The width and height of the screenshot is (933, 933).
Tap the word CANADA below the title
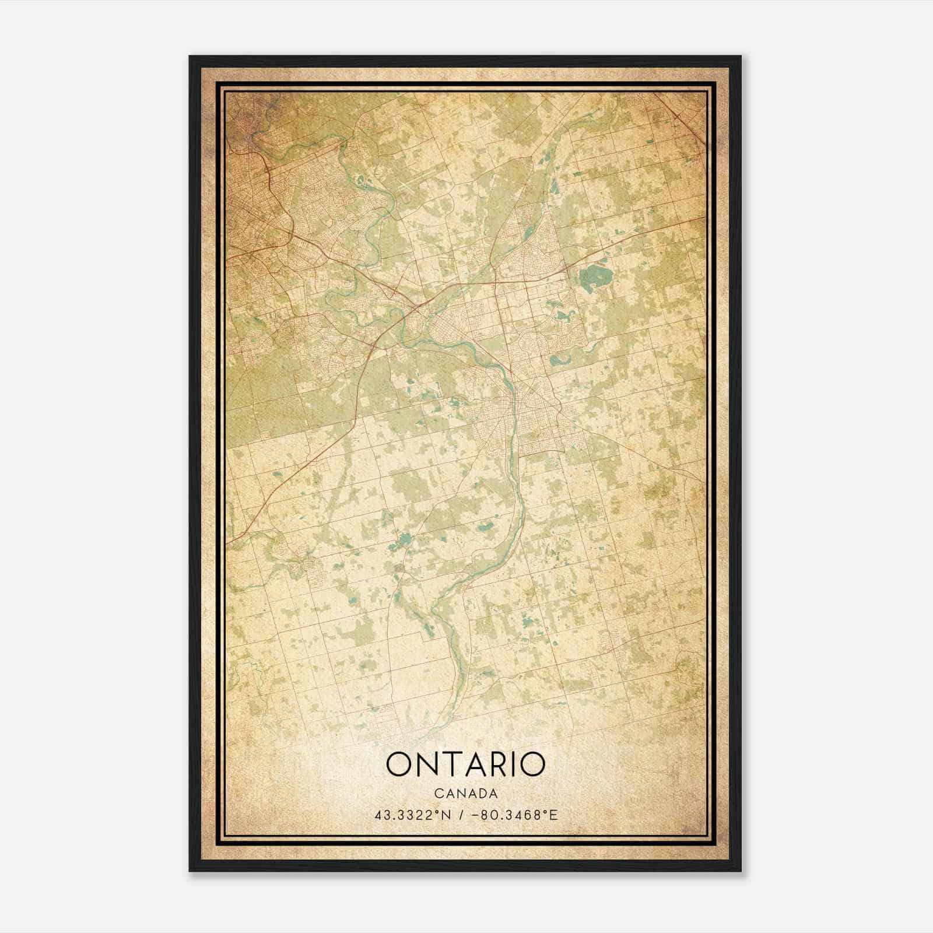(x=465, y=794)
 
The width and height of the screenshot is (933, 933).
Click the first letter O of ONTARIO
(x=399, y=764)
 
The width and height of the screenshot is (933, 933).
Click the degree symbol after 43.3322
(x=439, y=811)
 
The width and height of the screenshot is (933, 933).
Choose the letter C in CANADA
(x=438, y=794)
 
